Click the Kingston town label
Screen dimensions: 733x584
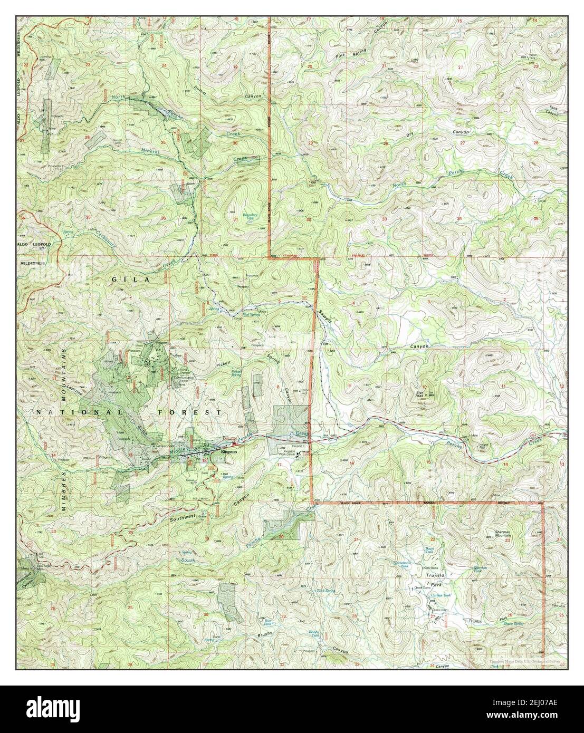[x=229, y=452]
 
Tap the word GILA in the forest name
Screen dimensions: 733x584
[x=125, y=278]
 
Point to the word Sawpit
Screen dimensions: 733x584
[x=323, y=316]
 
